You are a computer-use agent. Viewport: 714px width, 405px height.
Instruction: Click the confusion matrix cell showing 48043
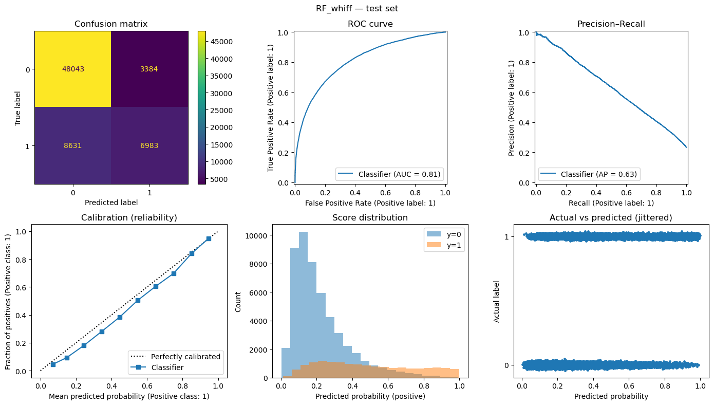pyautogui.click(x=72, y=69)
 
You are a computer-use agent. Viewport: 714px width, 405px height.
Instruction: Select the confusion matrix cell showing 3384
pyautogui.click(x=149, y=69)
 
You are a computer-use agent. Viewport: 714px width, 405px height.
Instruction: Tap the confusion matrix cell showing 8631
pyautogui.click(x=72, y=145)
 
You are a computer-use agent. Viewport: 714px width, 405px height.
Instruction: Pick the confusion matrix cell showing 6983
pyautogui.click(x=149, y=145)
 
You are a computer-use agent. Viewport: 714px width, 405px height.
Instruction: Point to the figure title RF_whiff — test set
pyautogui.click(x=356, y=8)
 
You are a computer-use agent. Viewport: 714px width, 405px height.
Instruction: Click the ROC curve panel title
pyautogui.click(x=369, y=24)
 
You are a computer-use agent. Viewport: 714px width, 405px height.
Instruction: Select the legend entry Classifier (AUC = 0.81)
pyautogui.click(x=388, y=174)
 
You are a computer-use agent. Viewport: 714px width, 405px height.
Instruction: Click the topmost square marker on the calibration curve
pyautogui.click(x=209, y=238)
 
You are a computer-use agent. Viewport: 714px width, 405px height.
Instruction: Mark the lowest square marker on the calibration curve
pyautogui.click(x=53, y=364)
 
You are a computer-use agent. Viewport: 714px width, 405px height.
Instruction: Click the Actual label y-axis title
pyautogui.click(x=496, y=301)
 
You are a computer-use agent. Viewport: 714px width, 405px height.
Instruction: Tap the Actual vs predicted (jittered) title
pyautogui.click(x=611, y=218)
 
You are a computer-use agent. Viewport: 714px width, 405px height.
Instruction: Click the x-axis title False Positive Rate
pyautogui.click(x=369, y=202)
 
